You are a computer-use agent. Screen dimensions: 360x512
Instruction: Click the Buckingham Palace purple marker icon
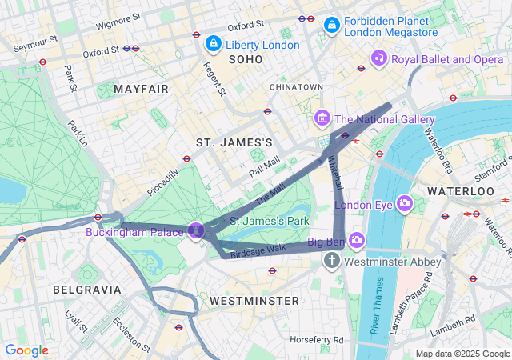tap(197, 230)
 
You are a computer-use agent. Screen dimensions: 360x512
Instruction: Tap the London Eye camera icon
tap(405, 203)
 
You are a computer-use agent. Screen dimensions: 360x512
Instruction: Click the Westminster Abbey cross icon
tap(333, 261)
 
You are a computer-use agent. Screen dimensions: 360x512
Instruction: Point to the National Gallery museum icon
tap(322, 119)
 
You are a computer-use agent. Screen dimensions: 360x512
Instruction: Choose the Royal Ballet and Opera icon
tap(379, 58)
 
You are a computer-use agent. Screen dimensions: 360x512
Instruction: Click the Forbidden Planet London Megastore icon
tap(330, 26)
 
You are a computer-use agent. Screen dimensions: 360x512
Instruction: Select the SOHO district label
tap(246, 60)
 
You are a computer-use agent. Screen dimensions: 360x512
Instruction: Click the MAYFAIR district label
tap(142, 88)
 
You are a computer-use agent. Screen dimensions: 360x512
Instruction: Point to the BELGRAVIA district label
tap(86, 289)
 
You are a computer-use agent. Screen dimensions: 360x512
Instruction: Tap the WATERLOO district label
tap(460, 192)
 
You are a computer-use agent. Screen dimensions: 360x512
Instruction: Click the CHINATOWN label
tap(296, 86)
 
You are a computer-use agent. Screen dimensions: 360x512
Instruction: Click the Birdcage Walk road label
tap(258, 250)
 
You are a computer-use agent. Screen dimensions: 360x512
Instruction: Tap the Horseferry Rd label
tap(317, 340)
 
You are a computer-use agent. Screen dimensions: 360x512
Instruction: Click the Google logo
tap(27, 350)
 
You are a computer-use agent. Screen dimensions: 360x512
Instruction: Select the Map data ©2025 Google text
tap(462, 354)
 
